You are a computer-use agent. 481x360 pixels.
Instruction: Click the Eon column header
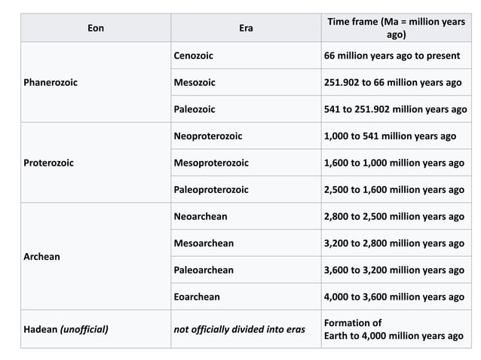coord(96,28)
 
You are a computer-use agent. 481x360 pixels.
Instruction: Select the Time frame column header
coord(396,28)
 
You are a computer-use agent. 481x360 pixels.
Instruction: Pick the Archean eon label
coord(43,257)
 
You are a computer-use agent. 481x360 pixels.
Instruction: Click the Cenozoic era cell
coord(195,56)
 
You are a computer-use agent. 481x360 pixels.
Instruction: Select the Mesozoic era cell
coord(195,82)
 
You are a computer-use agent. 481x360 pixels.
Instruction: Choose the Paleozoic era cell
coord(195,109)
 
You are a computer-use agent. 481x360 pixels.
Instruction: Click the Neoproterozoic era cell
coord(208,136)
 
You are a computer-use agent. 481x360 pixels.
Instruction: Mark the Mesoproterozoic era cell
coord(211,163)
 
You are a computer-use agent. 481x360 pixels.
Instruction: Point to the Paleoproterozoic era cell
coord(211,190)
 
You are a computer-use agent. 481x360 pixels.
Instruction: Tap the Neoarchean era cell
coord(201,217)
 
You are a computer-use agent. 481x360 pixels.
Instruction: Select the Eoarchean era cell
coord(197,297)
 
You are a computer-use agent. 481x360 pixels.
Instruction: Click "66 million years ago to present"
coord(391,56)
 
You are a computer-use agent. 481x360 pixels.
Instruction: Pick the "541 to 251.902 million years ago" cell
coord(395,109)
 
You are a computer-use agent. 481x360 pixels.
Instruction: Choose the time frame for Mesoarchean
coord(394,243)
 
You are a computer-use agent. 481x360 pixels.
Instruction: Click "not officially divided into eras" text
coord(239,328)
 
